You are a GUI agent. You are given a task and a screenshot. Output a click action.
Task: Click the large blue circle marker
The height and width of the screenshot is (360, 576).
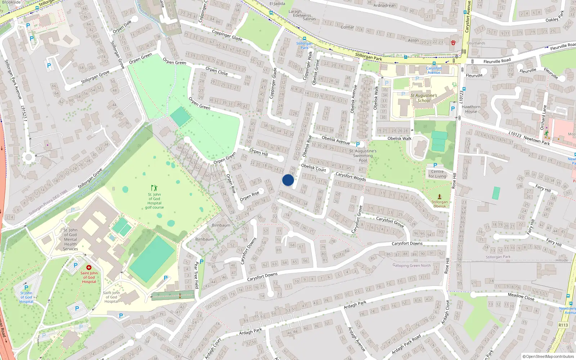tap(288, 180)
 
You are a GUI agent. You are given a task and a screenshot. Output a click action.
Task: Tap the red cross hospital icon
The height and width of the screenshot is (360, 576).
tap(89, 267)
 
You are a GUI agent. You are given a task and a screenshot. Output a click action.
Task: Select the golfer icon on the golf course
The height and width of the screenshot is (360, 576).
tap(154, 188)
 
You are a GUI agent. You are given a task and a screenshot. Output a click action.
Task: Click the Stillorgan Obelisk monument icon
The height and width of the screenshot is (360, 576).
tap(439, 197)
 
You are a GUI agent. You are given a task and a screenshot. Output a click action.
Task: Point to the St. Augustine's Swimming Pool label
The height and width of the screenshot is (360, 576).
tap(363, 156)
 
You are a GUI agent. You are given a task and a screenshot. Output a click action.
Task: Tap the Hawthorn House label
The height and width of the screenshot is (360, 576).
tap(471, 109)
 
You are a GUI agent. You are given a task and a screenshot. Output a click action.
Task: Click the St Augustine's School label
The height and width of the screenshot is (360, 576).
tap(424, 98)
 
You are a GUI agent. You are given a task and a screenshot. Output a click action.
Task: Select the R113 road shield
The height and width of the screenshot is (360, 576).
tap(563, 325)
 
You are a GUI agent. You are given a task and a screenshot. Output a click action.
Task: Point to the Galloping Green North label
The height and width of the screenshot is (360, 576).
tap(411, 265)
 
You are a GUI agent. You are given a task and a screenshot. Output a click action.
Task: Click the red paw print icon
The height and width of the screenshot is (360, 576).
tap(453, 42)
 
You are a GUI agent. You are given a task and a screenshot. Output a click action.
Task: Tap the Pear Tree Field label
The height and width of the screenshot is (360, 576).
tap(196, 275)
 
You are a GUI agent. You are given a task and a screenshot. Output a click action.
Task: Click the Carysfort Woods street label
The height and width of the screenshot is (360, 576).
tap(351, 176)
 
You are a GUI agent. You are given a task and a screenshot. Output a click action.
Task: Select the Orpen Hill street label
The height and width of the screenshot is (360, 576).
tap(258, 152)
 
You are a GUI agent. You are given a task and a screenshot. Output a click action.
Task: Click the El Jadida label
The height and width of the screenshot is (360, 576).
tap(277, 4)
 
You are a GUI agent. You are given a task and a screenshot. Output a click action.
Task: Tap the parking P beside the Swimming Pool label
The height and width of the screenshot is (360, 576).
tap(358, 145)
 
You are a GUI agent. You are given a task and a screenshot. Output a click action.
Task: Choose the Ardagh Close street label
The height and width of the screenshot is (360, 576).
tap(446, 313)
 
